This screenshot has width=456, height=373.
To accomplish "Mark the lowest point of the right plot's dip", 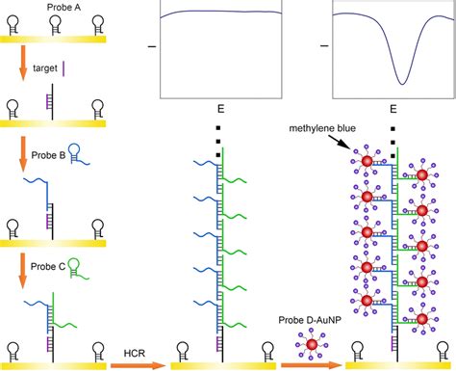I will (404, 81).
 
